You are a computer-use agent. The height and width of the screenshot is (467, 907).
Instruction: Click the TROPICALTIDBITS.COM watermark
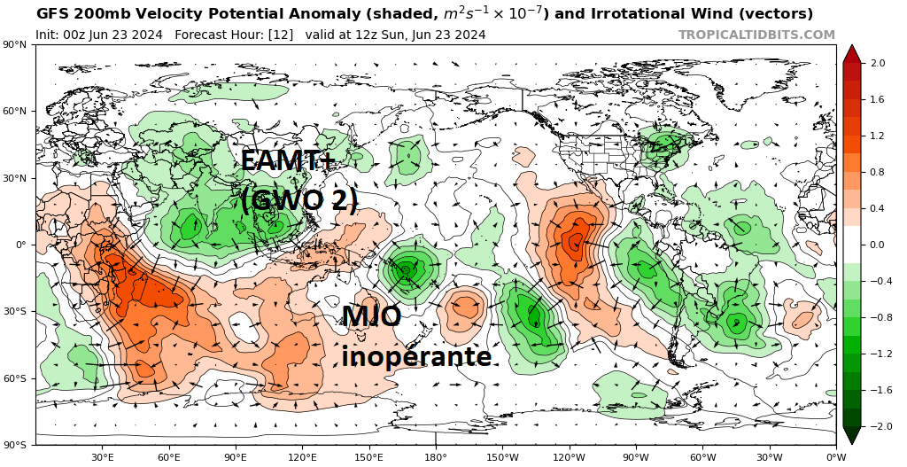(x=756, y=35)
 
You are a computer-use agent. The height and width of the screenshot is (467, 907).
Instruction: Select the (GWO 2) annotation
(x=298, y=199)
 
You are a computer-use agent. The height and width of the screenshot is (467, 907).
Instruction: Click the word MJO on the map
(x=372, y=316)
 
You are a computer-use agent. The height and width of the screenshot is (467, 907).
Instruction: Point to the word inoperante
(x=416, y=356)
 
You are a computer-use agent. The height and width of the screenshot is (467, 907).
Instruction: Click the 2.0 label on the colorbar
(x=878, y=63)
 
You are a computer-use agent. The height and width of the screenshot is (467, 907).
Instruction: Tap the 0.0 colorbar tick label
(x=878, y=245)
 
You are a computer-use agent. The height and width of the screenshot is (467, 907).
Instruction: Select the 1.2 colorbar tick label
(x=878, y=136)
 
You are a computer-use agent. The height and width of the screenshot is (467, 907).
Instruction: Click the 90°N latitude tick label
(x=15, y=44)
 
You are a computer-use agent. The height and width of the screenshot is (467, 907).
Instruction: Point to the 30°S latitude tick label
(x=15, y=312)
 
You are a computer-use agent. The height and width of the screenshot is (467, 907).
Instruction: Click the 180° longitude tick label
(x=435, y=457)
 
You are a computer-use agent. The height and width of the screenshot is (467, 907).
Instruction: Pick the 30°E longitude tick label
(x=102, y=457)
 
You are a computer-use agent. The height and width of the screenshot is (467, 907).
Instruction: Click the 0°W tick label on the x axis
(x=835, y=457)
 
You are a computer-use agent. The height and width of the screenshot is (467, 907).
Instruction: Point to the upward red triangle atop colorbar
(x=851, y=53)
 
